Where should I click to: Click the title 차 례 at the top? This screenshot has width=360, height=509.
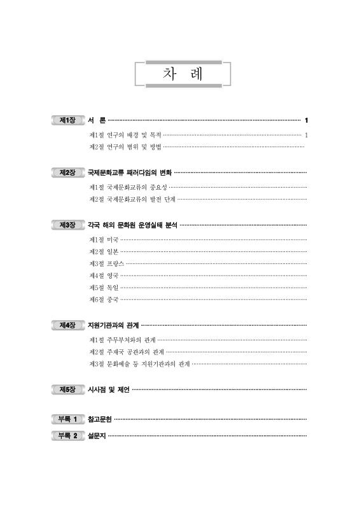[x=183, y=73]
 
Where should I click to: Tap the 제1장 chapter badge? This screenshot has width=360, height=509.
[x=67, y=120]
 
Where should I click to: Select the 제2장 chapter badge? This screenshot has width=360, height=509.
[x=67, y=172]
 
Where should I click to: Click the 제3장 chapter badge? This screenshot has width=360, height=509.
[x=67, y=225]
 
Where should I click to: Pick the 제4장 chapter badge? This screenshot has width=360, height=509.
[x=67, y=325]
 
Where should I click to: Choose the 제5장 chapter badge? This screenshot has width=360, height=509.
[x=67, y=389]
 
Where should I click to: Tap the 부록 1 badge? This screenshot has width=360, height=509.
[x=67, y=419]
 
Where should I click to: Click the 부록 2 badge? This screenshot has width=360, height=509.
[x=67, y=436]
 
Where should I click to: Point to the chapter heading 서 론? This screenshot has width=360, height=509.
[x=97, y=120]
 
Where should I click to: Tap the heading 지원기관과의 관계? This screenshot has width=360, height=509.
[x=113, y=325]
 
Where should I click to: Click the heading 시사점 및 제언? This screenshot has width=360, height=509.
[x=109, y=389]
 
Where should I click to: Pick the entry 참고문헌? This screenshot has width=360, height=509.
[x=100, y=419]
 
